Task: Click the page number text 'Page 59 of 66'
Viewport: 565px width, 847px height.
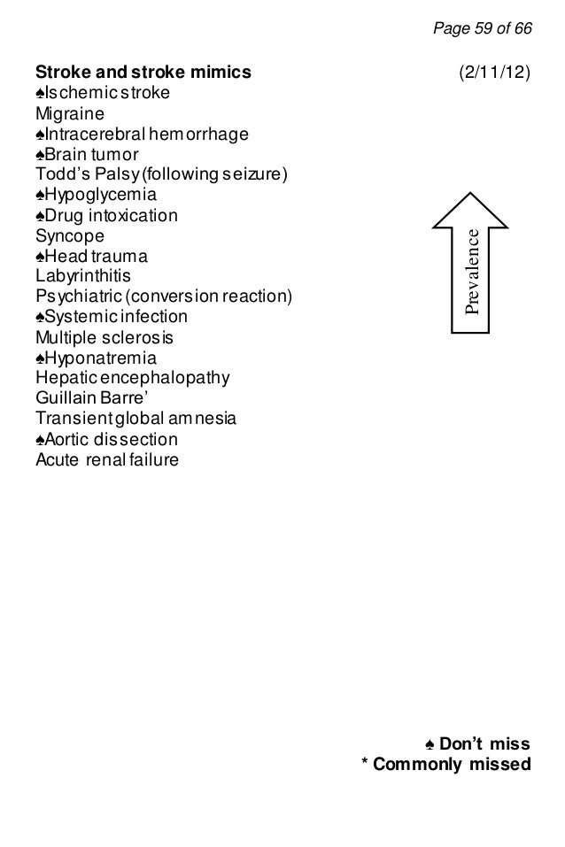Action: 482,29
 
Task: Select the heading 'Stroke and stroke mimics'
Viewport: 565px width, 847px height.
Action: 143,71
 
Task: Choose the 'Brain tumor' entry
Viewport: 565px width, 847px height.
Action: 92,155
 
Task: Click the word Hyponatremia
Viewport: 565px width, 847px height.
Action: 101,358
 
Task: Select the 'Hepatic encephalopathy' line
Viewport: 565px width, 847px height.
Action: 131,379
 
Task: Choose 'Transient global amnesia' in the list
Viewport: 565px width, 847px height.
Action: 135,420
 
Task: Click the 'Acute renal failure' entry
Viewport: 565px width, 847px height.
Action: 106,460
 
